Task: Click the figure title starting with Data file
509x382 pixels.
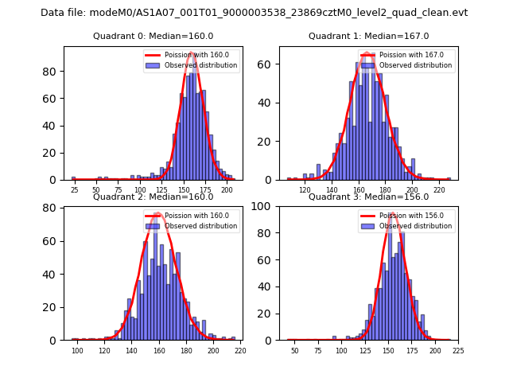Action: click(254, 13)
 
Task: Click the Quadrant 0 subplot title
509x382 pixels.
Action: click(153, 36)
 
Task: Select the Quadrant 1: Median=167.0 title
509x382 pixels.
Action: click(368, 36)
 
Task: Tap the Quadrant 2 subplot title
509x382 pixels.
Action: click(153, 197)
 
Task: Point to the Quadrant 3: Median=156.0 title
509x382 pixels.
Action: click(368, 197)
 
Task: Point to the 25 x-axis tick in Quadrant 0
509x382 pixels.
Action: click(74, 190)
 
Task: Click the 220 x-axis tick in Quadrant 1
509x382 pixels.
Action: click(439, 190)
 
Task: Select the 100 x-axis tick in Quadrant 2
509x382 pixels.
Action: click(77, 350)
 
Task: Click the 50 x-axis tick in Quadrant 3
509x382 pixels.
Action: click(294, 350)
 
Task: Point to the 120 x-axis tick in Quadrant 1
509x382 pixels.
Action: click(305, 190)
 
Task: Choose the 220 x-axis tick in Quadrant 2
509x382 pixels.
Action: click(240, 350)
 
